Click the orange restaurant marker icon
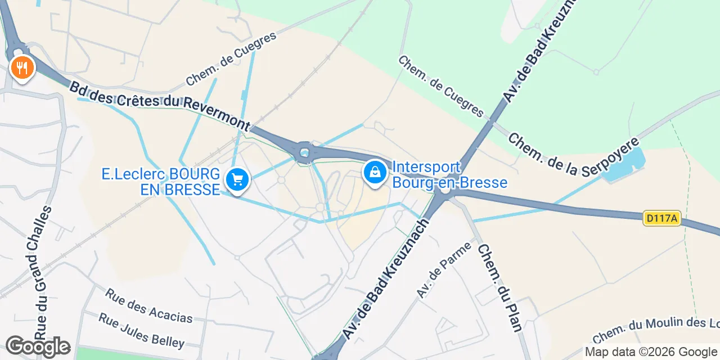tap(22, 68)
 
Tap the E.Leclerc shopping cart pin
tap(237, 180)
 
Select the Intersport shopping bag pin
tap(375, 172)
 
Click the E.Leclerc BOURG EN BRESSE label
tap(160, 182)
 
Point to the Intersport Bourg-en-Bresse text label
tap(449, 175)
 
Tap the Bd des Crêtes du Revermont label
tap(159, 106)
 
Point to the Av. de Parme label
tap(436, 270)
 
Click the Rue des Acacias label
tap(148, 305)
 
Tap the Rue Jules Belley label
tap(141, 330)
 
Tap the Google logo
tap(38, 346)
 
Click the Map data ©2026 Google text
tap(651, 352)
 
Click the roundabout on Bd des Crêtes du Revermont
tap(305, 152)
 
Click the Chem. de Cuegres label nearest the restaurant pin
tap(231, 59)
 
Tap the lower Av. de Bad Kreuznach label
tap(386, 280)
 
